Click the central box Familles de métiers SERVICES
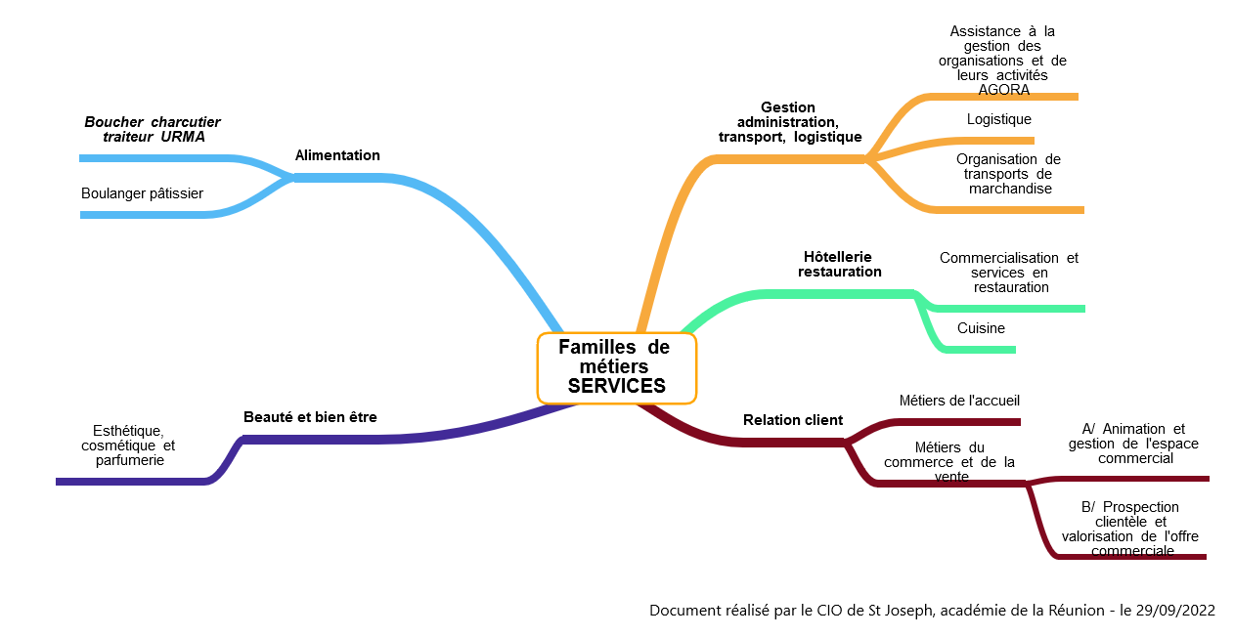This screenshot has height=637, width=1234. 616,367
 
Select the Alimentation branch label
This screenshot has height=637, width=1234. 337,155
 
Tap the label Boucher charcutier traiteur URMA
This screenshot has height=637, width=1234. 152,129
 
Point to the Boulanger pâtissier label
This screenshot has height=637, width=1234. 142,193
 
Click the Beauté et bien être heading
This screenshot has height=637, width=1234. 310,417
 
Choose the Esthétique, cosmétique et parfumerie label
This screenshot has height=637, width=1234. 128,445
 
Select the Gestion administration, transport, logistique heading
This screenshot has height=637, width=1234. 789,122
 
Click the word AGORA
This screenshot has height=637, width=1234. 1004,90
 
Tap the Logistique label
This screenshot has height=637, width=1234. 998,119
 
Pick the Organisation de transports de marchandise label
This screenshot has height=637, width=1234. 1009,174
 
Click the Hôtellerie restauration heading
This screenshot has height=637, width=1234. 839,264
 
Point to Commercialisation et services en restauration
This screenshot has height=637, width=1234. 1009,273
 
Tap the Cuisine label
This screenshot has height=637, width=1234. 981,328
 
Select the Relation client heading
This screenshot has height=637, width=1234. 793,420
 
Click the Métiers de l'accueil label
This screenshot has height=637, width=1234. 959,401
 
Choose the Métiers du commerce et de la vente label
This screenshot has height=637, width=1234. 949,462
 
